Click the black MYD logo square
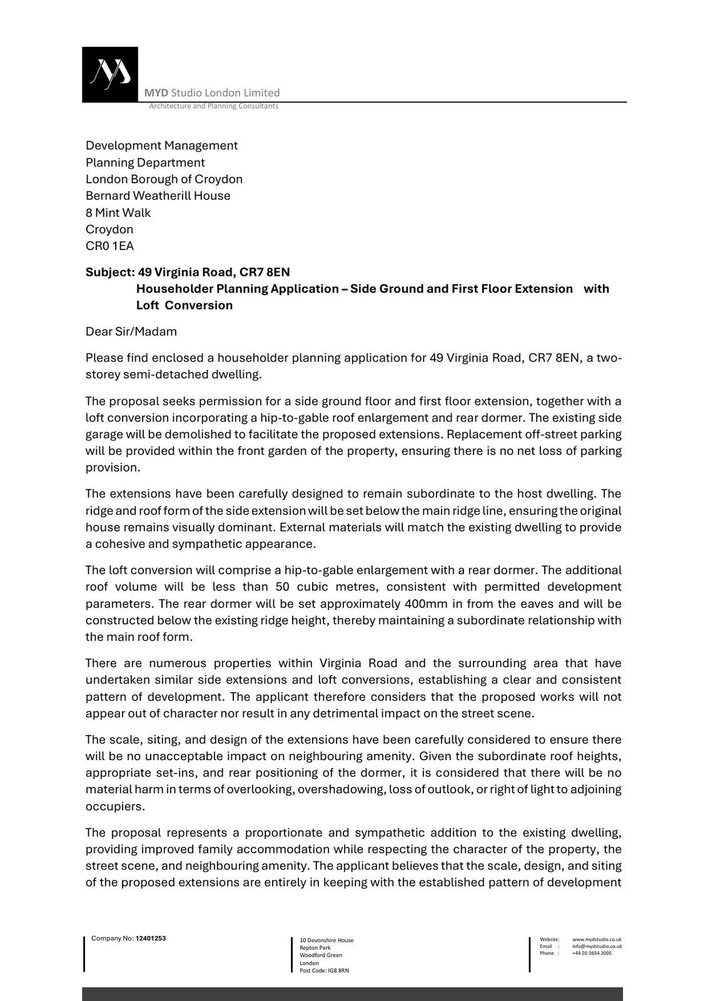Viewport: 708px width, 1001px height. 110,74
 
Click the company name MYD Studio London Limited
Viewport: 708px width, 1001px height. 212,93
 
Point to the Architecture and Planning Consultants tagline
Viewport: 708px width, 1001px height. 213,106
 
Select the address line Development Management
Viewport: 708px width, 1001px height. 161,146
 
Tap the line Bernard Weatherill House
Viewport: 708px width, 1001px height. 158,196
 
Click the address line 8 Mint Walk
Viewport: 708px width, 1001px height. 118,213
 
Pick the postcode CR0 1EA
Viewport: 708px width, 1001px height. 109,246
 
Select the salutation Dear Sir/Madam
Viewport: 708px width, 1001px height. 131,332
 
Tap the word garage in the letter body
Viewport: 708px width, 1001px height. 104,434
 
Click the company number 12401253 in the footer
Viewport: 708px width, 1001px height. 151,938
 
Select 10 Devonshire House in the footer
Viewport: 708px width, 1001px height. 326,940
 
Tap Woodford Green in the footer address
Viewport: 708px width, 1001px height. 321,955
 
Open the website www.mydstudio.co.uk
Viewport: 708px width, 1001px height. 597,939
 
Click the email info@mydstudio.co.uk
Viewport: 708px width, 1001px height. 597,946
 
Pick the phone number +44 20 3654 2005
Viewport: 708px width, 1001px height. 592,953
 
